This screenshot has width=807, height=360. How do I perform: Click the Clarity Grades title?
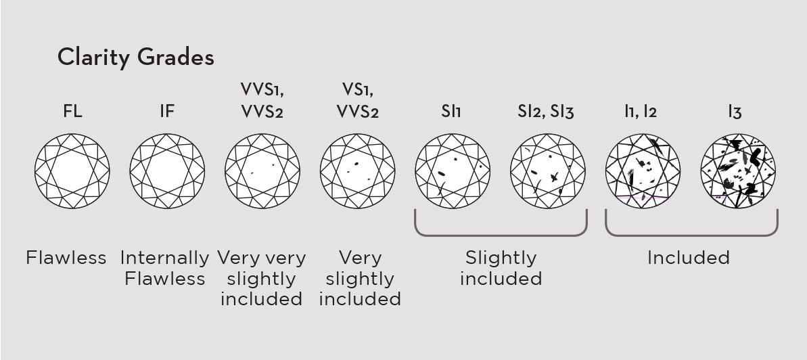click(136, 57)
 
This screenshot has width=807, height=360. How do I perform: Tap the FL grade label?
click(72, 112)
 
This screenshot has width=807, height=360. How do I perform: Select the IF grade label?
click(167, 112)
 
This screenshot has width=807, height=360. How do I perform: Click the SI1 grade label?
click(451, 112)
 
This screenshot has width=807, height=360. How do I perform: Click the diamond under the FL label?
click(72, 171)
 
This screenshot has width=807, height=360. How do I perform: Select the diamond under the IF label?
click(167, 171)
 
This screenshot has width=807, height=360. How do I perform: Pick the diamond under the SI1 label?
click(453, 171)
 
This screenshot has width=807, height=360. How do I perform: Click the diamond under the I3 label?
click(738, 171)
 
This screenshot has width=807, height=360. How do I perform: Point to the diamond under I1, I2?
click(643, 171)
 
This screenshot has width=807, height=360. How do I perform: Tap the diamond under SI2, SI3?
click(548, 171)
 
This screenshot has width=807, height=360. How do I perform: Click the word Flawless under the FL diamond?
click(66, 258)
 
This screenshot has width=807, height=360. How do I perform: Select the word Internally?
click(164, 258)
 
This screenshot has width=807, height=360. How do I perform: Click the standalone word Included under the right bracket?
click(689, 258)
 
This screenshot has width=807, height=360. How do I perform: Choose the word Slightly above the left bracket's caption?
click(501, 258)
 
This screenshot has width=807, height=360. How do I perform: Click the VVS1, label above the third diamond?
click(262, 89)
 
